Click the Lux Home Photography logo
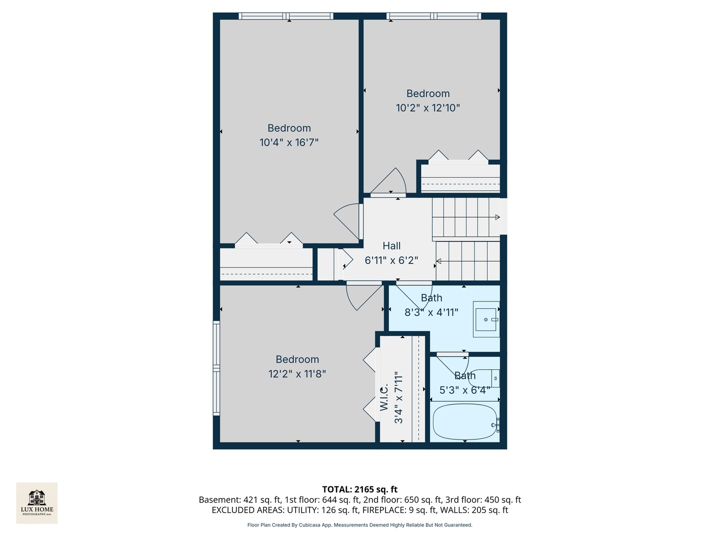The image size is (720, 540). [36, 502]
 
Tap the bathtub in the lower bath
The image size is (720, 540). [464, 421]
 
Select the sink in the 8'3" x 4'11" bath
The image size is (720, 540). [486, 319]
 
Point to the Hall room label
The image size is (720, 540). [391, 246]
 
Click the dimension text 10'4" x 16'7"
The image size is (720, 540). [289, 142]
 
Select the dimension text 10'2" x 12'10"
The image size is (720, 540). [427, 108]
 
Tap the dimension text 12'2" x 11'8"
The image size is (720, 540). [297, 374]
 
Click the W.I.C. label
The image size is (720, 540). [384, 397]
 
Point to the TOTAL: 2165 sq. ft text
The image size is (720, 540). [359, 489]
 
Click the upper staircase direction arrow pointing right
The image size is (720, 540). [496, 217]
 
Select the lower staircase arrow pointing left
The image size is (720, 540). [439, 261]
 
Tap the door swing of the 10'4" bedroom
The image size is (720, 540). [346, 220]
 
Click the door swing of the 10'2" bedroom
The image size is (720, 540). [390, 181]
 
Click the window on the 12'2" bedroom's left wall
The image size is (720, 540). [216, 368]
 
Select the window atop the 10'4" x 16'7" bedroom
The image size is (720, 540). [286, 16]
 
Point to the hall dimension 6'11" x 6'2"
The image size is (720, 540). [391, 260]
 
